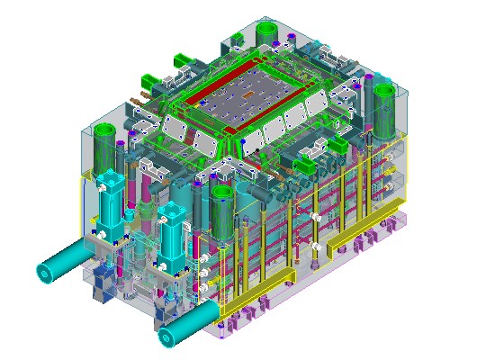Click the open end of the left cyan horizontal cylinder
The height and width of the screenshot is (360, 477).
click(x=44, y=272)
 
